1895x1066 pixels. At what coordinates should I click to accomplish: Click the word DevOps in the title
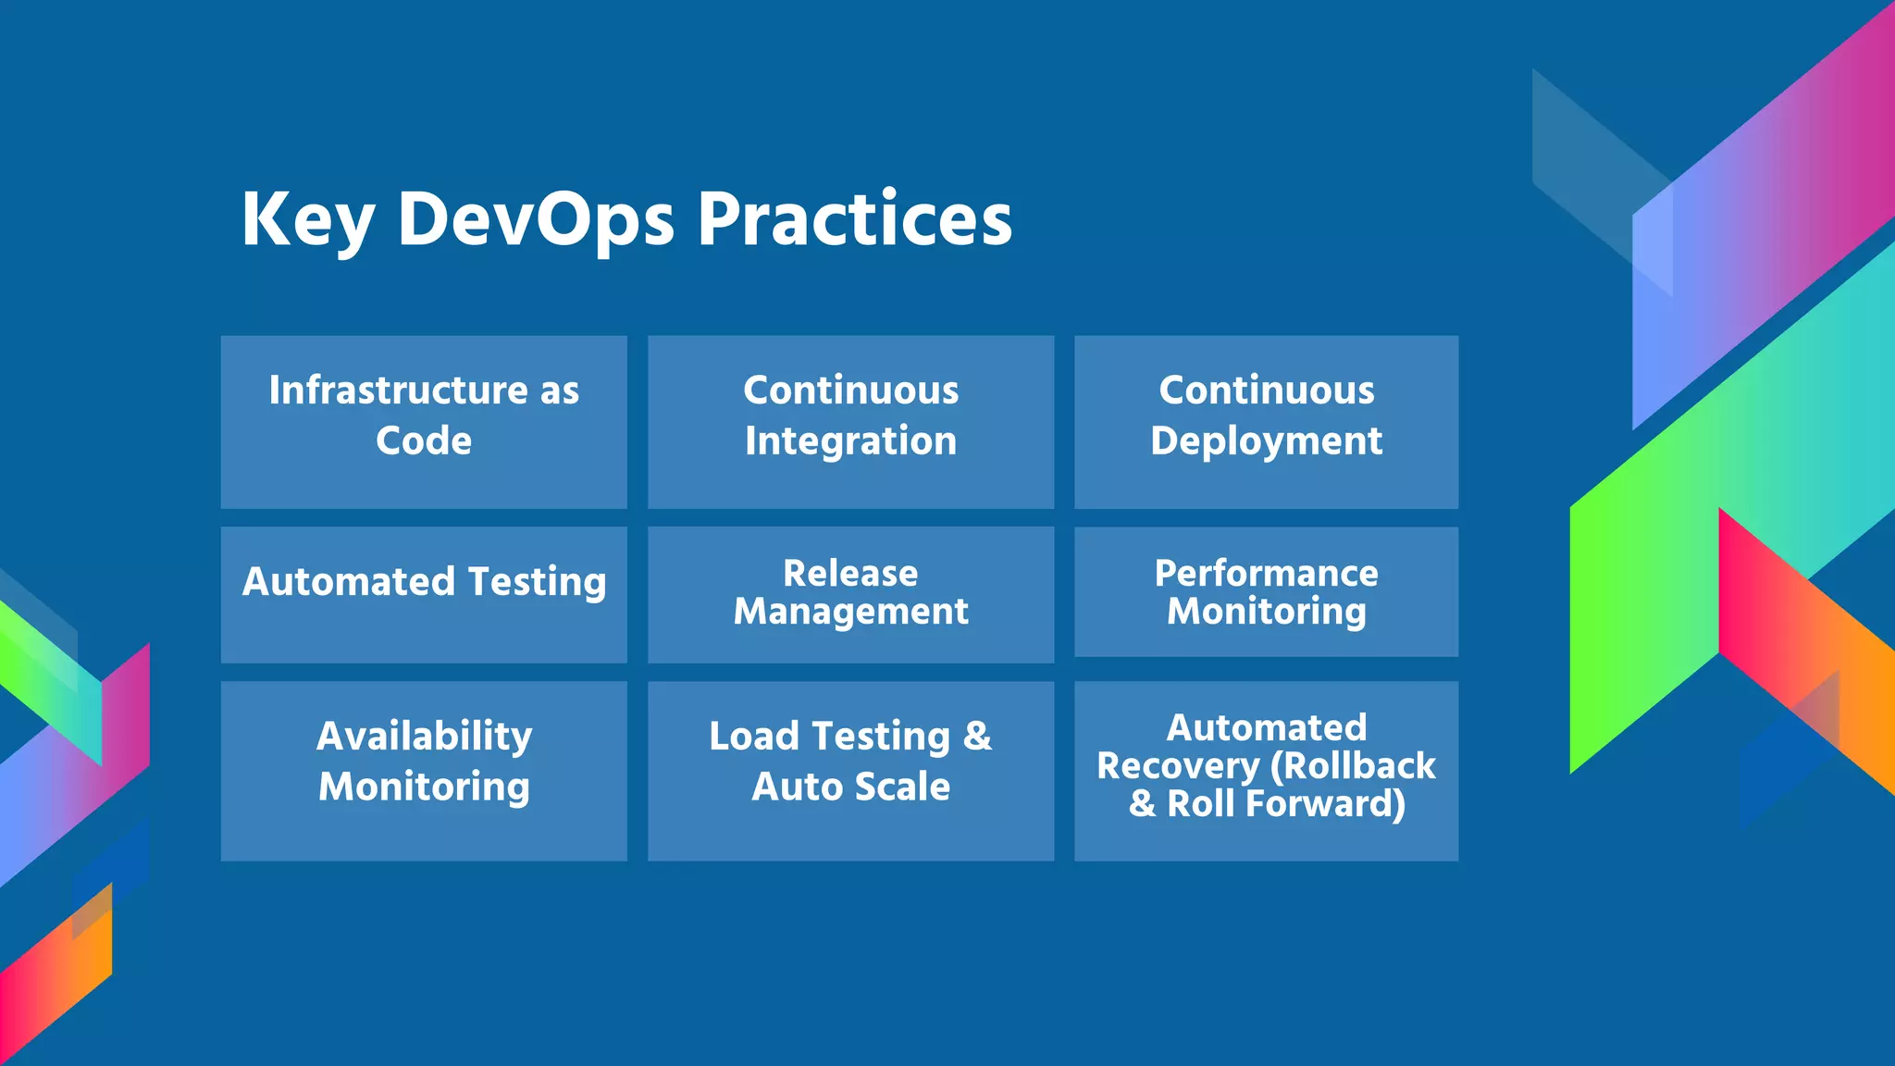pos(536,220)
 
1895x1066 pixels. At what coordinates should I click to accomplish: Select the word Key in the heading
pos(307,220)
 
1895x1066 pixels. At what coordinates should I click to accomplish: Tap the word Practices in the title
pos(855,220)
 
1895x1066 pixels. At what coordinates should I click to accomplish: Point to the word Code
pos(424,440)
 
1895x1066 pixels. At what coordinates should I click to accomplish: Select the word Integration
pos(850,440)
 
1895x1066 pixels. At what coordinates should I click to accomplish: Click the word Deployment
pos(1266,440)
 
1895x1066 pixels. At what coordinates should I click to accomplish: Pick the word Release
pos(850,573)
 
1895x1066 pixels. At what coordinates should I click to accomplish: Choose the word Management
pos(850,611)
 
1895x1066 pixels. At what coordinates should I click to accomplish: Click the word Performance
pos(1266,573)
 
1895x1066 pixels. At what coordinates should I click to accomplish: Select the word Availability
pos(424,737)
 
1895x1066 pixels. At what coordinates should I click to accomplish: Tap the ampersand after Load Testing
pos(977,737)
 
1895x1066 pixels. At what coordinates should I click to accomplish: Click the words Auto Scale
pos(850,787)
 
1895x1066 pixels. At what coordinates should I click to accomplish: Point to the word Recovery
pos(1178,766)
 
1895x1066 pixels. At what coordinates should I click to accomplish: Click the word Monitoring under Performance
pos(1266,612)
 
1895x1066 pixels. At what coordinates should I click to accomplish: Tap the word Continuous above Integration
pos(850,390)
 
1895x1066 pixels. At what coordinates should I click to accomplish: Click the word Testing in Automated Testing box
pos(537,582)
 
